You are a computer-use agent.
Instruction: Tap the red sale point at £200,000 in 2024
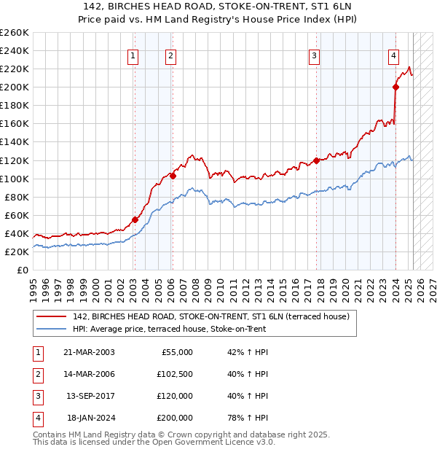tap(395, 87)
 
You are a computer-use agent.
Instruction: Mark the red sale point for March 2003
tap(135, 219)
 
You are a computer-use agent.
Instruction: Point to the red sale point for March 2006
tap(173, 176)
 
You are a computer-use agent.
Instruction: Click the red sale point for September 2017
tap(317, 160)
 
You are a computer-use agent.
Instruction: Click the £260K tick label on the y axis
tap(15, 33)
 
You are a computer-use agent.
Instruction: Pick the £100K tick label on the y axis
tap(15, 179)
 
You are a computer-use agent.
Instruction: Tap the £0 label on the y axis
tap(23, 270)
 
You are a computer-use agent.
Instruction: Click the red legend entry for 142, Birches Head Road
tap(211, 316)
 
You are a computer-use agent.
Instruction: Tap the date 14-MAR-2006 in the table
tap(90, 374)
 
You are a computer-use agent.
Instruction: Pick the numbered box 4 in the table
tap(36, 418)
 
